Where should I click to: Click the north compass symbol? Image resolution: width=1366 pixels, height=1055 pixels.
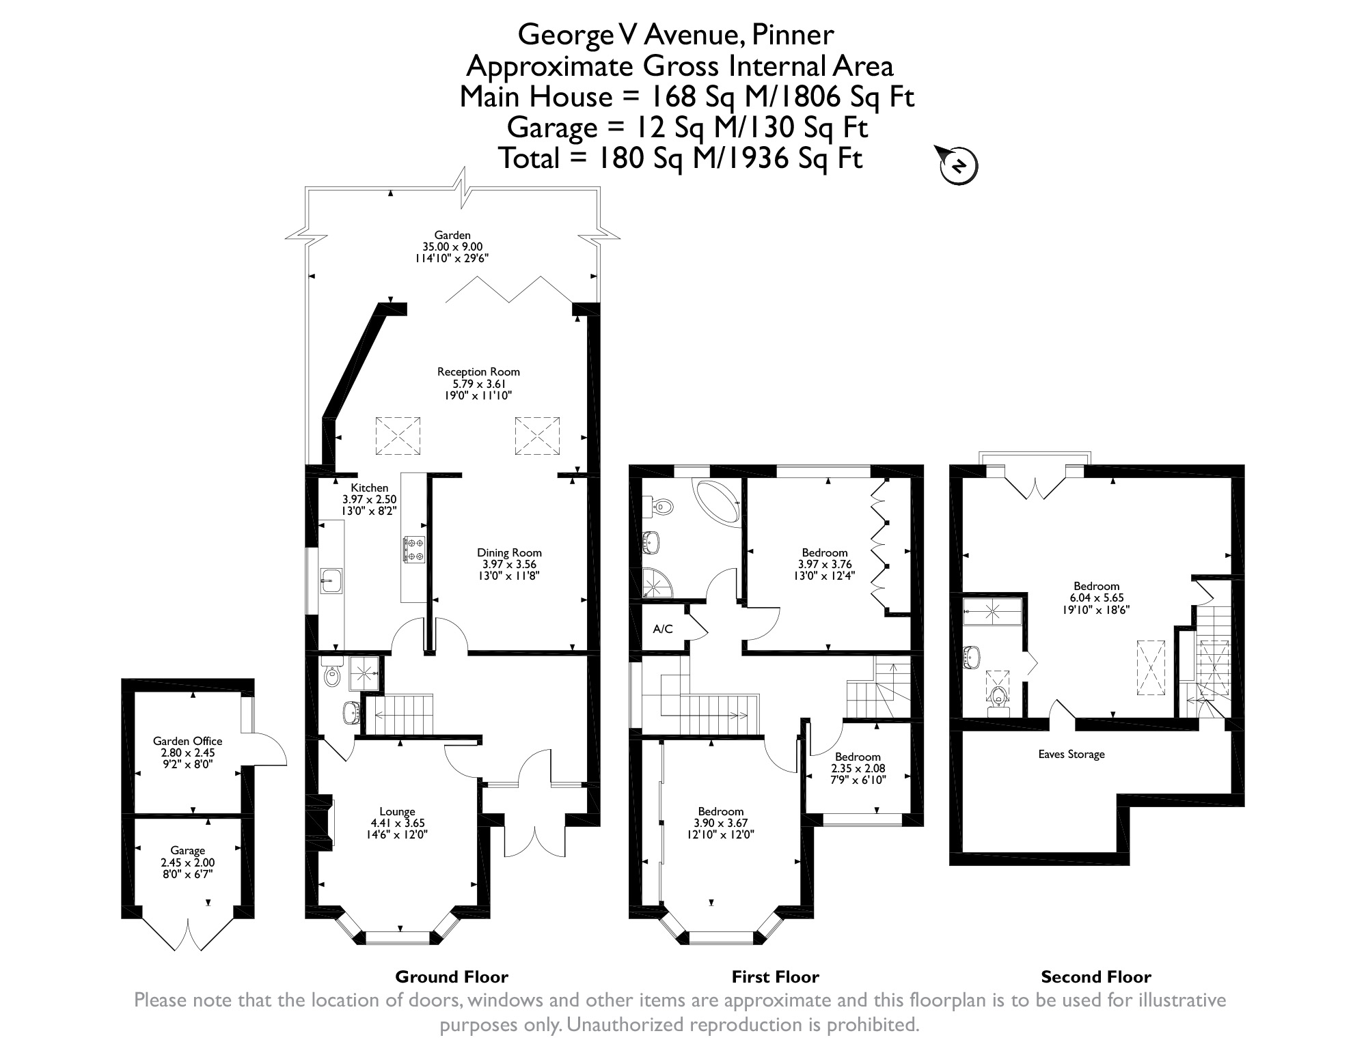(959, 166)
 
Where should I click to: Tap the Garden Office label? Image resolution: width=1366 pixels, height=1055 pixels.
(187, 741)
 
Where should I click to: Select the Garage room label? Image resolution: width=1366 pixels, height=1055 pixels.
(187, 850)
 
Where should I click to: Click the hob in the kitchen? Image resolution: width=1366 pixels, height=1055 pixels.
(415, 549)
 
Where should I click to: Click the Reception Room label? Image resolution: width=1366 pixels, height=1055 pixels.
(478, 372)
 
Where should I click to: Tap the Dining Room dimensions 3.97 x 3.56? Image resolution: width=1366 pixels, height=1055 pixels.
(509, 564)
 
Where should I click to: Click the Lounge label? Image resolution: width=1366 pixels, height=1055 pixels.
(397, 812)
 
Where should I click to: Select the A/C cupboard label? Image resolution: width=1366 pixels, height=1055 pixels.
(663, 629)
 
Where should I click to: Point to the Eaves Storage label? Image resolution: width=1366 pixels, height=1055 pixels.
(1071, 755)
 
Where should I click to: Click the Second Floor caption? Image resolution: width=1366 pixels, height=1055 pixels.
(1095, 977)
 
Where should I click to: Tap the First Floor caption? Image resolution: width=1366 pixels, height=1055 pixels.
(775, 977)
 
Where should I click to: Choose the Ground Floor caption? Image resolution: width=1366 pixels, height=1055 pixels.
(452, 977)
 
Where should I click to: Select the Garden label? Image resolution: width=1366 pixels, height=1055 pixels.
(452, 235)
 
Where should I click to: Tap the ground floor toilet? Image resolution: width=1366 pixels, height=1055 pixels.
(332, 675)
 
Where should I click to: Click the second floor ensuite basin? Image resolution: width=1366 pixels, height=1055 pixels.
(971, 657)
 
